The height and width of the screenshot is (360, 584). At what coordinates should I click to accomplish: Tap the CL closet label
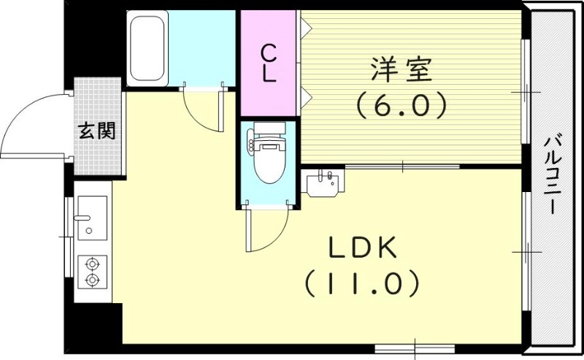pyautogui.click(x=269, y=64)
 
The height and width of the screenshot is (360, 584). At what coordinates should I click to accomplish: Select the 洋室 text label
pyautogui.click(x=401, y=72)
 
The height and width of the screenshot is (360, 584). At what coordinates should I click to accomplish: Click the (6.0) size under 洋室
pyautogui.click(x=401, y=107)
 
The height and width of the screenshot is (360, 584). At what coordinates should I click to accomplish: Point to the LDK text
pyautogui.click(x=361, y=250)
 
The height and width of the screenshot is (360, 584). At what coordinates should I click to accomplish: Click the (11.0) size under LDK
pyautogui.click(x=361, y=283)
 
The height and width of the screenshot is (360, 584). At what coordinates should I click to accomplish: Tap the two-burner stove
pyautogui.click(x=93, y=271)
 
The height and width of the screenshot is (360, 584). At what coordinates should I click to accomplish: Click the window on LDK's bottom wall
pyautogui.click(x=415, y=346)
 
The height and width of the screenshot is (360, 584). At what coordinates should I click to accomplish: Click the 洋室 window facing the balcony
pyautogui.click(x=524, y=91)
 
